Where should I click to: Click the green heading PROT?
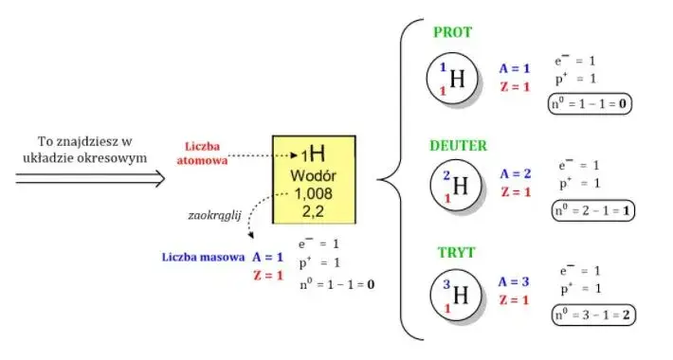(452, 32)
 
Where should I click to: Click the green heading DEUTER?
(459, 146)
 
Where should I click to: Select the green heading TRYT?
(456, 252)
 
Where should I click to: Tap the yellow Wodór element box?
(314, 180)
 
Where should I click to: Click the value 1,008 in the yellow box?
(314, 194)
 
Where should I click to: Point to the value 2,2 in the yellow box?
(313, 211)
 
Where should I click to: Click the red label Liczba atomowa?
(202, 153)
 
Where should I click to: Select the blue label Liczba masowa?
(203, 257)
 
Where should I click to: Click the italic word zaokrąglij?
(214, 215)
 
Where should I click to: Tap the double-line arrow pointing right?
(90, 178)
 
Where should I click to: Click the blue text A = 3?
(514, 282)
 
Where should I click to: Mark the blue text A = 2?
(516, 173)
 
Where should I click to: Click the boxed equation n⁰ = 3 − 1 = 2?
(593, 315)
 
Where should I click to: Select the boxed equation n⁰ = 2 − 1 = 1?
(592, 210)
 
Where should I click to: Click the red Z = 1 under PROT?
(515, 87)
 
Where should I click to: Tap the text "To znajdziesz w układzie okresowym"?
(84, 150)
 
